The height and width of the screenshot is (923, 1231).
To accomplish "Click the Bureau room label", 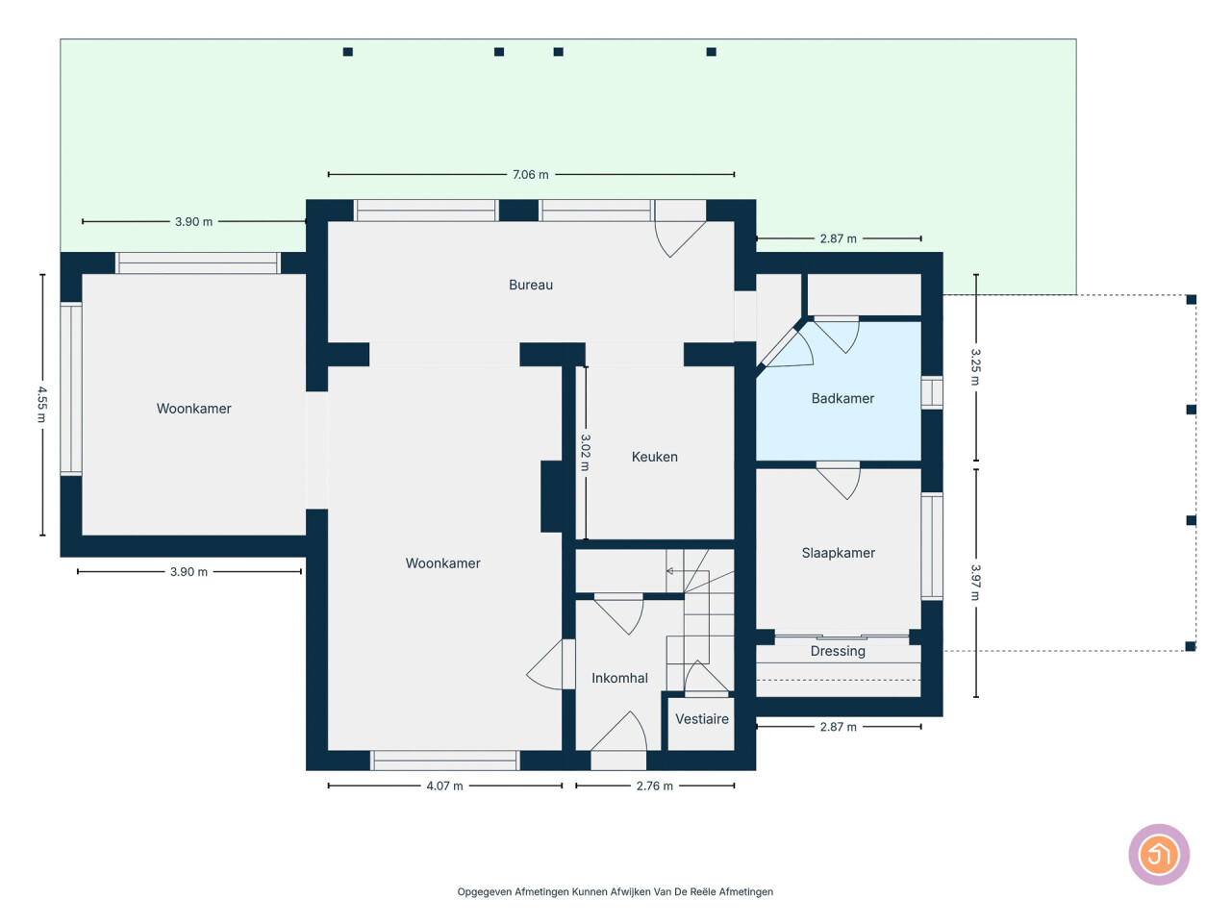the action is [x=531, y=285].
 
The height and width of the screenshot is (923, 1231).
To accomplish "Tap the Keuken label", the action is [x=655, y=457].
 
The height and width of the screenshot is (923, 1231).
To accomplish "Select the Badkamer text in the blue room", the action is [x=842, y=398].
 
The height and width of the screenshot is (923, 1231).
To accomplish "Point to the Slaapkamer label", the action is [x=838, y=553].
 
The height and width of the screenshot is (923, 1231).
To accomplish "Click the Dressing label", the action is [x=838, y=651].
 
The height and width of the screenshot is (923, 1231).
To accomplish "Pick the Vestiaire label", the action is [x=702, y=719].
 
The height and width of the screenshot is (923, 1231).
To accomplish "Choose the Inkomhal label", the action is [x=619, y=678].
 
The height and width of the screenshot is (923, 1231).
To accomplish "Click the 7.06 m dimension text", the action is [x=531, y=175].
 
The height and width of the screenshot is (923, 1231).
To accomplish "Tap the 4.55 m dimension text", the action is [x=42, y=405].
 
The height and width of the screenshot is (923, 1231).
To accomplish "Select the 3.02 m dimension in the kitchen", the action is [x=585, y=453].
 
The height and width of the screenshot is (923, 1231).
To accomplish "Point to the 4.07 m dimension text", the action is [x=444, y=786].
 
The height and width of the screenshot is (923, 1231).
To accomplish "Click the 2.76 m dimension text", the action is [x=655, y=786].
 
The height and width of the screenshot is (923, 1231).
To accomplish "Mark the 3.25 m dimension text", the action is [x=976, y=367].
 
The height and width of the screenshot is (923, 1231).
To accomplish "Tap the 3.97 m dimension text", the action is [x=976, y=583].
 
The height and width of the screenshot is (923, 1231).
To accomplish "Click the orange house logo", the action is [x=1159, y=855].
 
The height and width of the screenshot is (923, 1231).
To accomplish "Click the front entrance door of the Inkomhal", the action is [x=618, y=732].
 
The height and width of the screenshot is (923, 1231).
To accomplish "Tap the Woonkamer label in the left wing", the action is [x=193, y=409].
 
